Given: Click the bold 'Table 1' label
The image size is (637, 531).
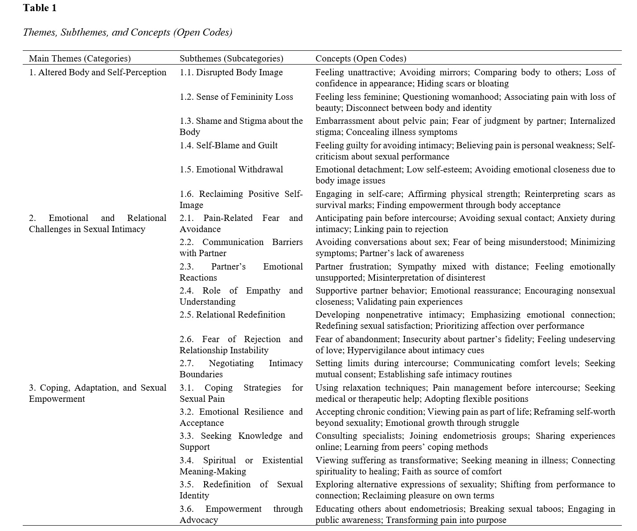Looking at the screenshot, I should point(40,8).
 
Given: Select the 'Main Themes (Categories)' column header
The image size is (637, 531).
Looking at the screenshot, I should point(80,58).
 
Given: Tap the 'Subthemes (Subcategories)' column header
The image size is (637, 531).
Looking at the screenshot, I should point(231,58).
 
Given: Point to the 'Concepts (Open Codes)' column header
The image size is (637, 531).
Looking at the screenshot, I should point(361,58).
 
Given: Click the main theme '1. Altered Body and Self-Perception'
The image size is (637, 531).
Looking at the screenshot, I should point(98,72).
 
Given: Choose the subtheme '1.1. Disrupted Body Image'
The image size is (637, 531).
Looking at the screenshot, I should point(231,72).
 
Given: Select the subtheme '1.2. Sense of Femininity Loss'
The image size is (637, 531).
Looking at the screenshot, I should point(236,97).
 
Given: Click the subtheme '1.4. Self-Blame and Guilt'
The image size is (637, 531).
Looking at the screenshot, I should point(229,145).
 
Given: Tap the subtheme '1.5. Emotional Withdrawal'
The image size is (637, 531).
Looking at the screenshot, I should point(231,169).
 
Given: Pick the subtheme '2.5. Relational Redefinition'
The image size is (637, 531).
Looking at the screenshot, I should point(232,315).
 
